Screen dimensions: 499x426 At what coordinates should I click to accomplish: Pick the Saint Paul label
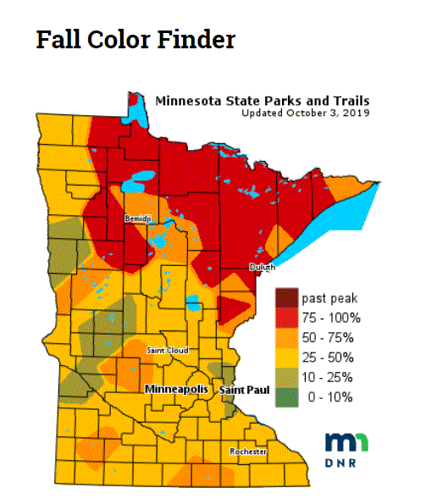(x=240, y=390)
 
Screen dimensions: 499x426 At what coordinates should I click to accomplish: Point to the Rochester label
(x=248, y=452)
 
